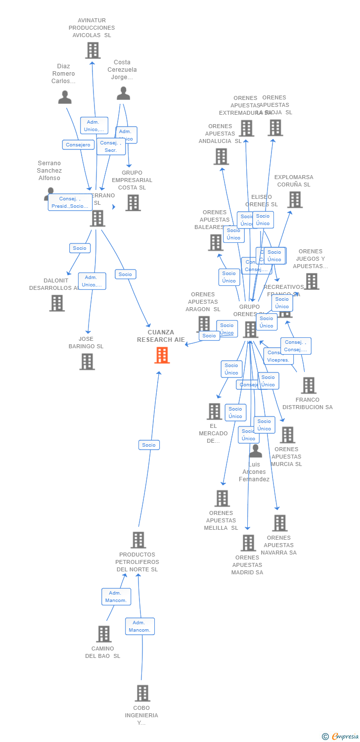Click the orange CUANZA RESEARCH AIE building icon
coord(162,355)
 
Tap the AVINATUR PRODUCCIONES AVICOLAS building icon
coord(92,50)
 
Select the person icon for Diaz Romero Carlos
coord(65,97)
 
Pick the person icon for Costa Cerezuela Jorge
coord(123,93)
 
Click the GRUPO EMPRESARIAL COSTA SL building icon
coord(133,202)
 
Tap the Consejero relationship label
coord(78,145)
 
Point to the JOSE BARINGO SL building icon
coord(87,362)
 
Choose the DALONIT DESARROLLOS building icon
coord(57,303)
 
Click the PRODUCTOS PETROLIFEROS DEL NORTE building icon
coord(138,540)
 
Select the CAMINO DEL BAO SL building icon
coord(104,634)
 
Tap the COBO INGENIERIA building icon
coord(142,693)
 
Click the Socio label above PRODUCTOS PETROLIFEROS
coord(149,445)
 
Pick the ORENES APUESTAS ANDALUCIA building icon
coord(221,156)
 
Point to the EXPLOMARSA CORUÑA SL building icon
coord(295,199)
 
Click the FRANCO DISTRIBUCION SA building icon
coord(308,385)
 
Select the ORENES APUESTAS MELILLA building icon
coord(222,498)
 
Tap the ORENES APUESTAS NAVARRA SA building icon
coord(279,523)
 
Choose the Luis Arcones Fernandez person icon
coord(255,451)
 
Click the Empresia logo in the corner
coord(341,737)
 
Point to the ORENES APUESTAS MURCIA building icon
coord(287,435)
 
